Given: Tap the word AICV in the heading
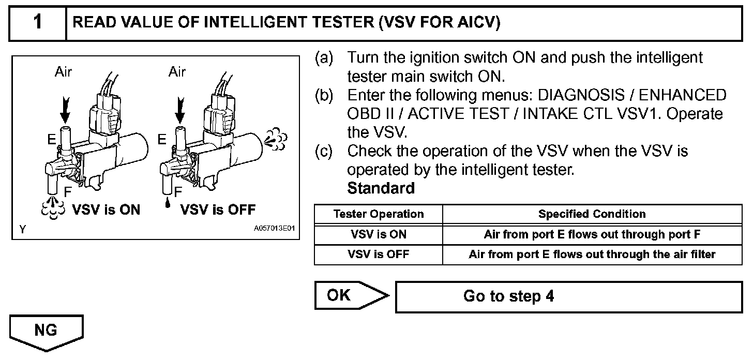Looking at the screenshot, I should point(473,23).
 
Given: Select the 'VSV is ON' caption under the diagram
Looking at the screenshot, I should point(106,209).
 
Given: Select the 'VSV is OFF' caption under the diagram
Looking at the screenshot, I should point(218,209).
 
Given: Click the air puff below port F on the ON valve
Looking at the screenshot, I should point(53,208).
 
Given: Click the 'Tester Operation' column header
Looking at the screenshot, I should point(379,214).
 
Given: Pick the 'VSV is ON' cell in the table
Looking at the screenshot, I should point(379,234).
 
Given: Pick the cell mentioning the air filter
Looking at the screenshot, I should point(592,254).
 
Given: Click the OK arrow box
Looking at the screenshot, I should point(349,296).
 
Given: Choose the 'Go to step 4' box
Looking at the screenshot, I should point(568,296).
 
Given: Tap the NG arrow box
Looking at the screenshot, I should point(47,332).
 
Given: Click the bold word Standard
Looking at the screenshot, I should point(381,188).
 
